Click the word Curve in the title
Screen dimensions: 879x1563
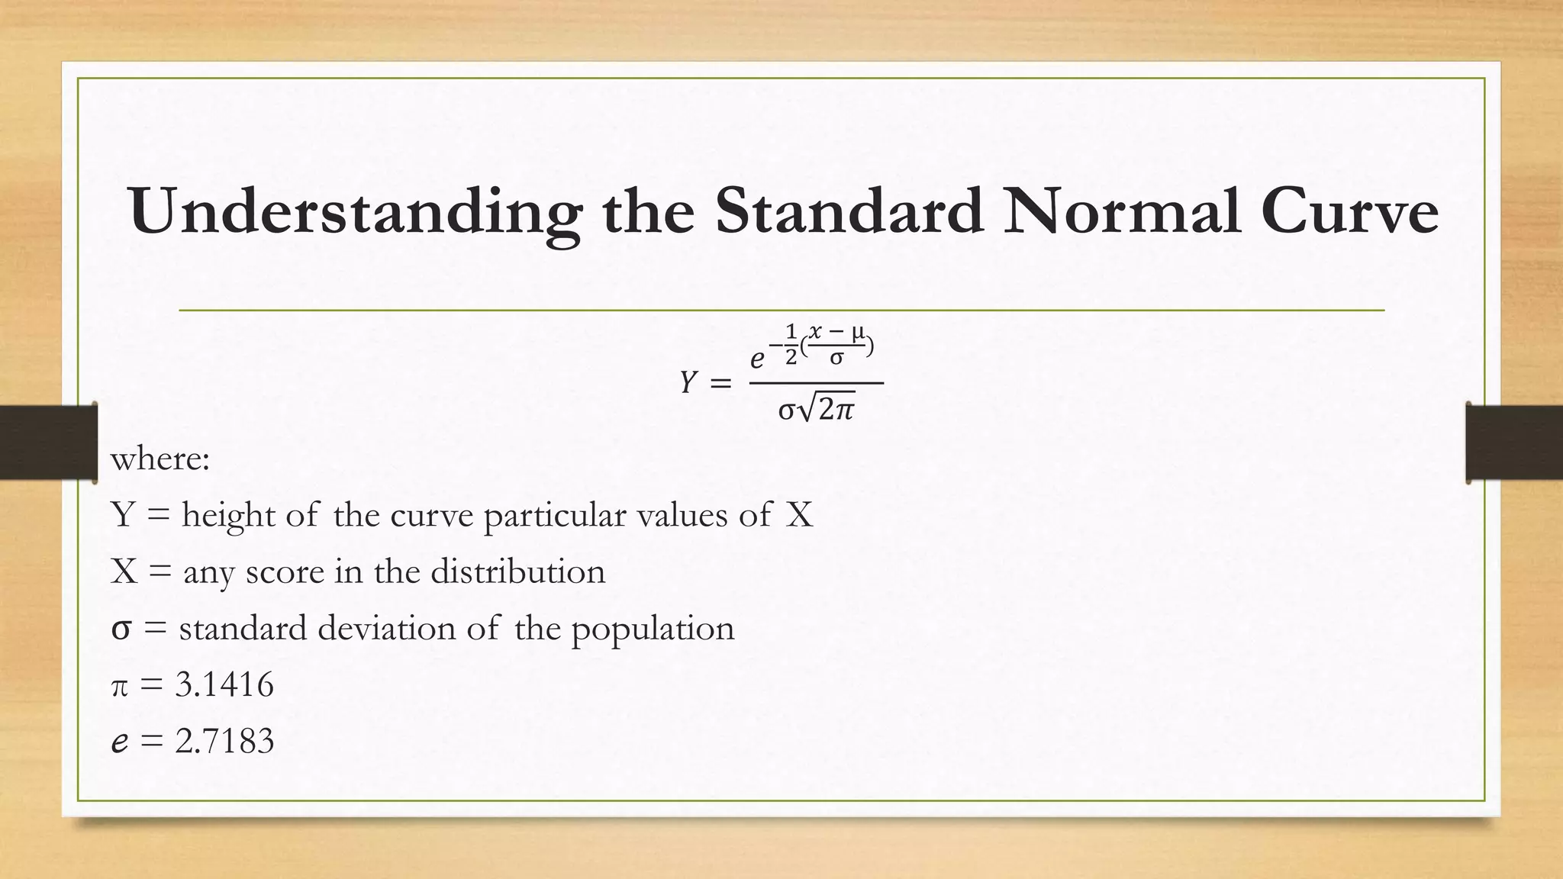point(1349,212)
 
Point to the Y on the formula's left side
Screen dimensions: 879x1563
point(688,383)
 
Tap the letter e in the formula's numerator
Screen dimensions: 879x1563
point(757,358)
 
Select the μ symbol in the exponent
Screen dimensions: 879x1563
point(858,332)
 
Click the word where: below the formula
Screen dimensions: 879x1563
point(160,459)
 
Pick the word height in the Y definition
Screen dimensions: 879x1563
point(228,516)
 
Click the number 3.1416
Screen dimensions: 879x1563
point(224,684)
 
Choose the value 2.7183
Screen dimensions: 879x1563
point(224,741)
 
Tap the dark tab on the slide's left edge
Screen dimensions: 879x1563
point(48,443)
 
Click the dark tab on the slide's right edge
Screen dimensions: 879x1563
point(1514,443)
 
